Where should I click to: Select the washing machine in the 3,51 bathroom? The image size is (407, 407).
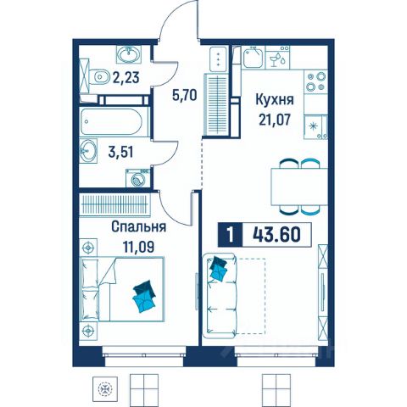(137, 178)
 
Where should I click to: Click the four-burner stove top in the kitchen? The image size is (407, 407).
(316, 81)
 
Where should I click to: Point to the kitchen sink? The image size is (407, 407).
(253, 58)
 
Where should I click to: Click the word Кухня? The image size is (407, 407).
(275, 100)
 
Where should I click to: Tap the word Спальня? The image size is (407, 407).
(138, 227)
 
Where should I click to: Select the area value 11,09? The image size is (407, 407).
(138, 247)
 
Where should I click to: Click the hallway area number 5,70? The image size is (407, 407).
(184, 95)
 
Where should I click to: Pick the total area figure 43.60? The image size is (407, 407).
(276, 235)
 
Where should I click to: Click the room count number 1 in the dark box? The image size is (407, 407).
(231, 235)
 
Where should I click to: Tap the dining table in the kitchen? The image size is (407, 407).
(299, 187)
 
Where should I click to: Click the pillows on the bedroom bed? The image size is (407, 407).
(144, 296)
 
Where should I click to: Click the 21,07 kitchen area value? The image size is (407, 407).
(274, 120)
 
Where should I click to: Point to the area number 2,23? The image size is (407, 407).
(126, 77)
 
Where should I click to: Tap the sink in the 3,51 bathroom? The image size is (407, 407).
(88, 151)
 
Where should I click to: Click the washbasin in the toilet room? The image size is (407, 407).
(129, 54)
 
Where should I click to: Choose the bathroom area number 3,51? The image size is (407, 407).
(120, 153)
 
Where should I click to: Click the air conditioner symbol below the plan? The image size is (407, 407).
(105, 389)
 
